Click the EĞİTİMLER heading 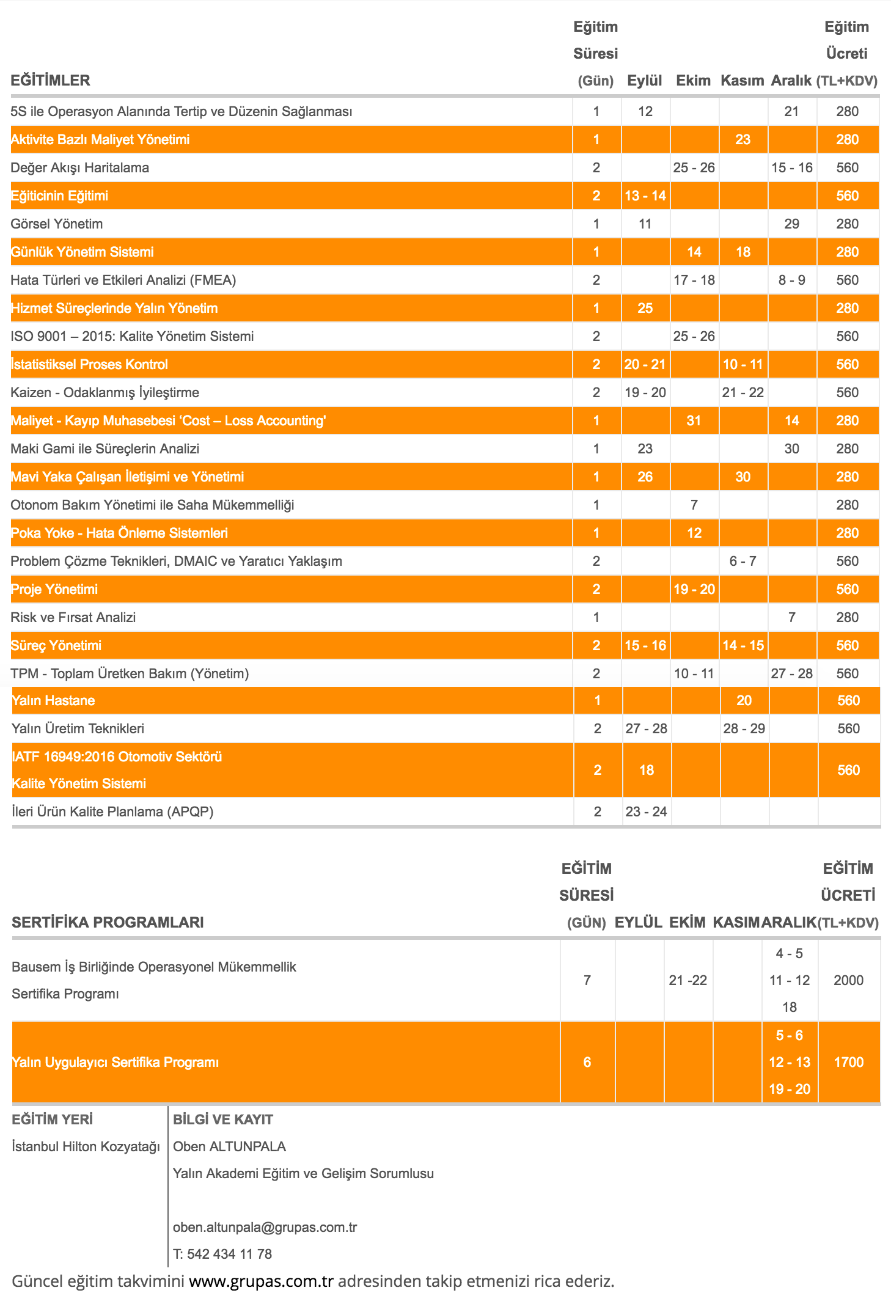(x=50, y=81)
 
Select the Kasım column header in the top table (x=742, y=81)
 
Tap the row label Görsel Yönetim (x=57, y=224)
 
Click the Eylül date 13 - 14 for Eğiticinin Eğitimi (x=645, y=196)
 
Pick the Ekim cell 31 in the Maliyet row (x=694, y=420)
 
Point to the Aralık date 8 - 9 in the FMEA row (x=791, y=280)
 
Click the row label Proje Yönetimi (x=54, y=589)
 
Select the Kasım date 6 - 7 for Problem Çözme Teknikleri (x=743, y=561)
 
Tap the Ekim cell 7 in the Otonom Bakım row (x=694, y=505)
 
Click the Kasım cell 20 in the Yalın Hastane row (x=744, y=700)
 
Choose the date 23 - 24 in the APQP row (x=646, y=811)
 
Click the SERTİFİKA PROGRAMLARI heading (x=108, y=922)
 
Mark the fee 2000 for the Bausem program (x=848, y=980)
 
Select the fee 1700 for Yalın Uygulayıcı (x=848, y=1062)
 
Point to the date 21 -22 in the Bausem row (x=687, y=980)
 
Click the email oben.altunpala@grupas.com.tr (x=265, y=1227)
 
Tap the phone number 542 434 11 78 (x=229, y=1254)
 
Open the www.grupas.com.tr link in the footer (x=261, y=1281)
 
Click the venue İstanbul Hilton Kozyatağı (x=86, y=1146)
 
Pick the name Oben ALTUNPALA (x=229, y=1146)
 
